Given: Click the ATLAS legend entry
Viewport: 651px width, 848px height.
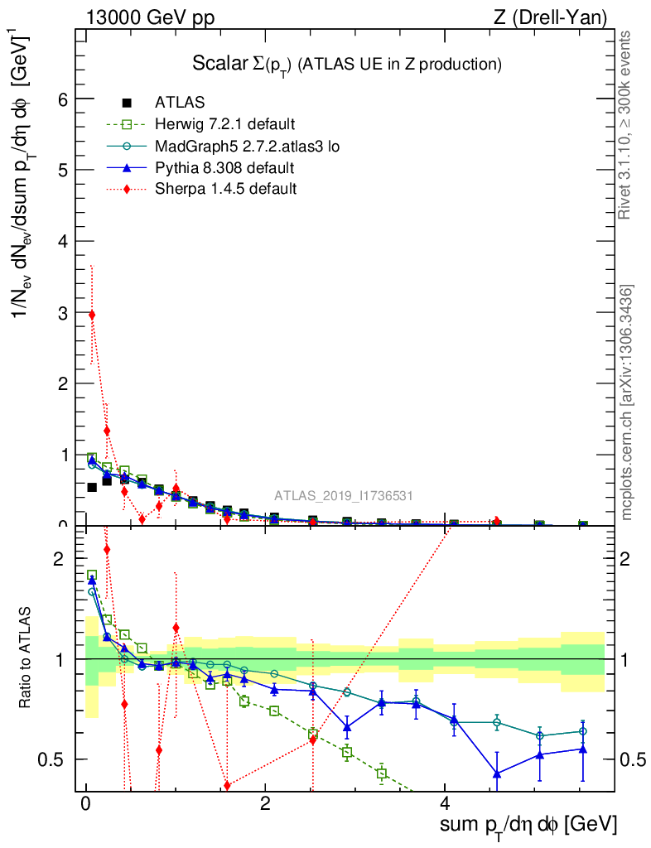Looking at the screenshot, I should coord(180,104).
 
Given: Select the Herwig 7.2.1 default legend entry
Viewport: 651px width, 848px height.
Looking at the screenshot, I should coord(224,125).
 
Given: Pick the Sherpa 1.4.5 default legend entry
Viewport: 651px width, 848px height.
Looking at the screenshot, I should coord(226,189).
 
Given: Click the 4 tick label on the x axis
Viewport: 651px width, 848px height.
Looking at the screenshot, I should coord(445,804).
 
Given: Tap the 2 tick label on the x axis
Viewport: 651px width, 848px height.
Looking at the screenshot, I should coord(265,804).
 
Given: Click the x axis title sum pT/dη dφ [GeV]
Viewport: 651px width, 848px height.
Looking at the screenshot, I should coord(528,826).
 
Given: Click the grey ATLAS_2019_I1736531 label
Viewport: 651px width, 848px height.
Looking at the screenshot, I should coord(344,496).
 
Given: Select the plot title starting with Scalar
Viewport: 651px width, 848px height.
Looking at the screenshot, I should coord(347,65).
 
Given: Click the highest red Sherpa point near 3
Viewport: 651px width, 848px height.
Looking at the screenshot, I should coord(92,315).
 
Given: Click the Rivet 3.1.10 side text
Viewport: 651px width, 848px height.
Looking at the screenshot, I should coord(625,125).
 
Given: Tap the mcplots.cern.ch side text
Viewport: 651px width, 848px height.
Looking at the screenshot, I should coord(627,403).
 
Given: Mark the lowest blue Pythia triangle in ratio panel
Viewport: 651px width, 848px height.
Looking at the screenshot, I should coord(497,773).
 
